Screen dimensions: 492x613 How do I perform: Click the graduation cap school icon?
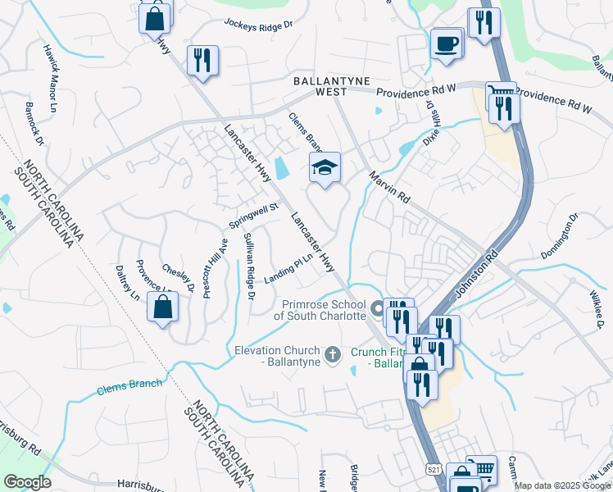coord(325,168)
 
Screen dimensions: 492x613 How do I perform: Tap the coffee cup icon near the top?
coord(447,43)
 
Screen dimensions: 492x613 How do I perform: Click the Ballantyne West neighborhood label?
coord(333,85)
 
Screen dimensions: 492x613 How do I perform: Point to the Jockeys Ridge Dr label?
coord(257,24)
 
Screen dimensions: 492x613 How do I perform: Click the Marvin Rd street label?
coord(388,188)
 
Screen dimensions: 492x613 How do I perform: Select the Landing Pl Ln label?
coord(289,269)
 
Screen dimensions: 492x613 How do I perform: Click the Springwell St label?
coord(254,217)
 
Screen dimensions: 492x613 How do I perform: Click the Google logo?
coord(26,482)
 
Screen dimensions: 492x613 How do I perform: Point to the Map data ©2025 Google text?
coord(562,485)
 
